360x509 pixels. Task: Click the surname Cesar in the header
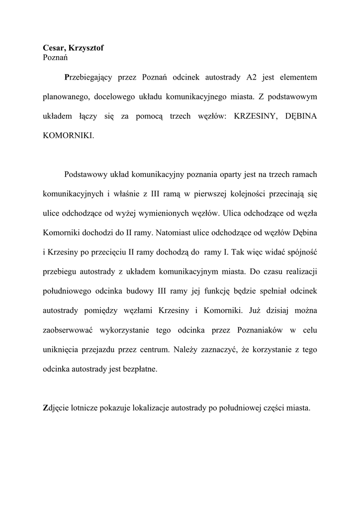[53, 48]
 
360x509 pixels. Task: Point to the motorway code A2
[251, 78]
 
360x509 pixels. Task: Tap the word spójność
[302, 252]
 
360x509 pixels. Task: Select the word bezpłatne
[141, 368]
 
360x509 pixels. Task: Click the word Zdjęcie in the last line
[56, 408]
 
